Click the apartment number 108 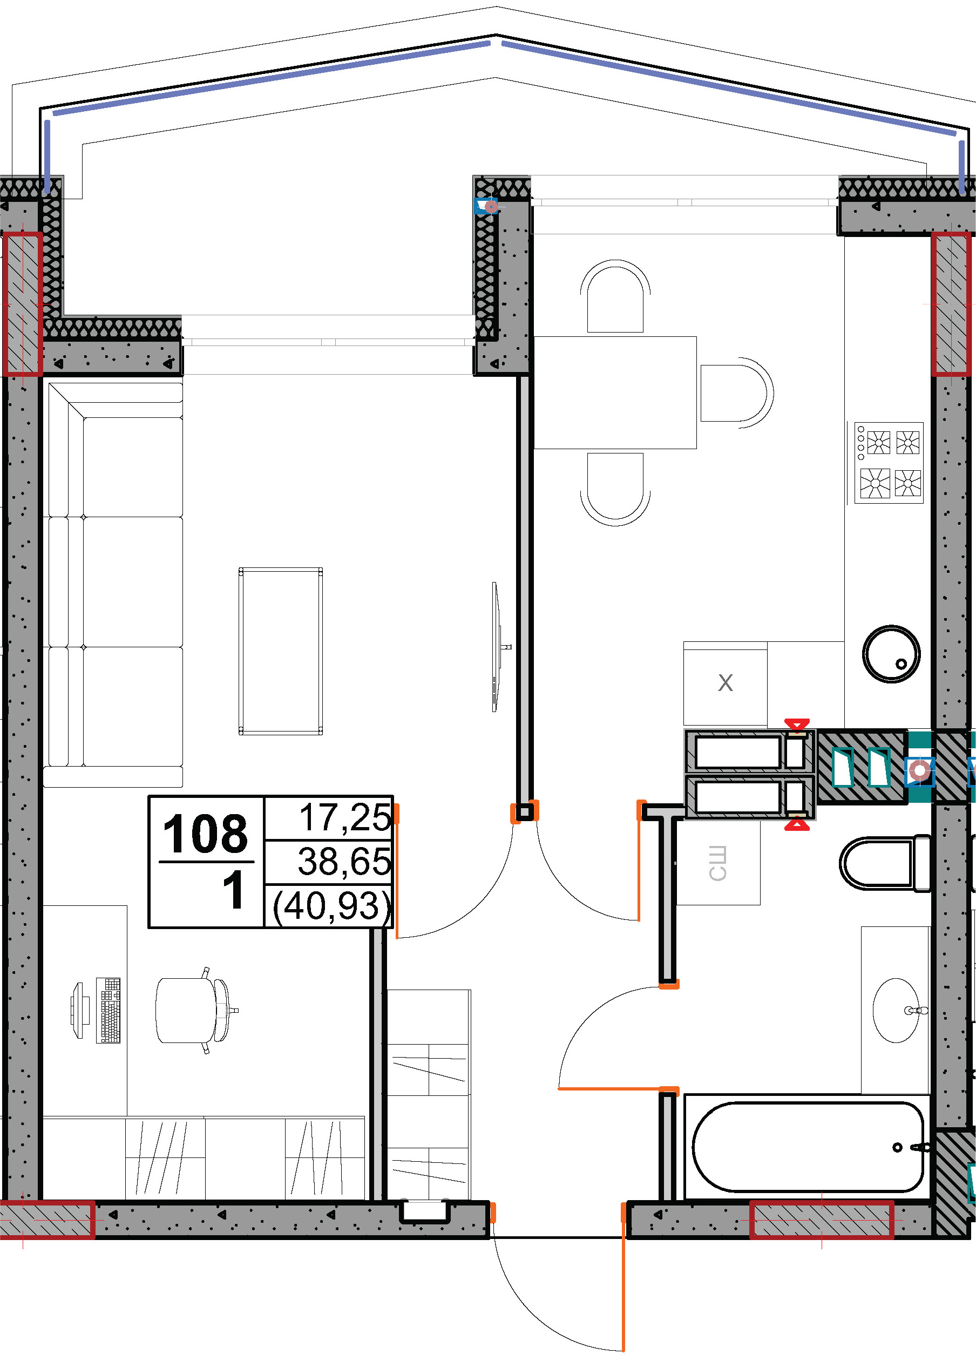[x=206, y=834]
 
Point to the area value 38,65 [x=344, y=861]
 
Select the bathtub [x=808, y=1147]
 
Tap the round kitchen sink [x=891, y=654]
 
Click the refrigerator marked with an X [x=726, y=683]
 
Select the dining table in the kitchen [x=615, y=392]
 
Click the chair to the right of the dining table [x=737, y=393]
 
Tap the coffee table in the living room [x=281, y=651]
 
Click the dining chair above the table [x=615, y=296]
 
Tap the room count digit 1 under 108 [x=233, y=890]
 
